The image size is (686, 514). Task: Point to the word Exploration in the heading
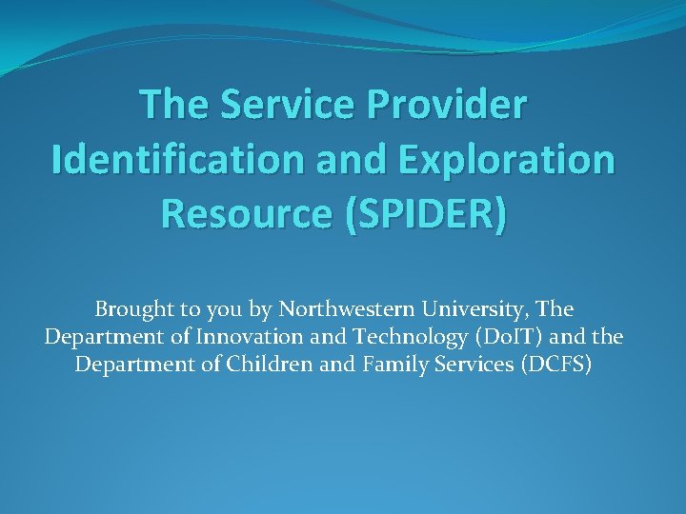(505, 159)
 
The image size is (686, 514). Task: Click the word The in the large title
(173, 106)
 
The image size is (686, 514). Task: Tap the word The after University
(555, 310)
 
